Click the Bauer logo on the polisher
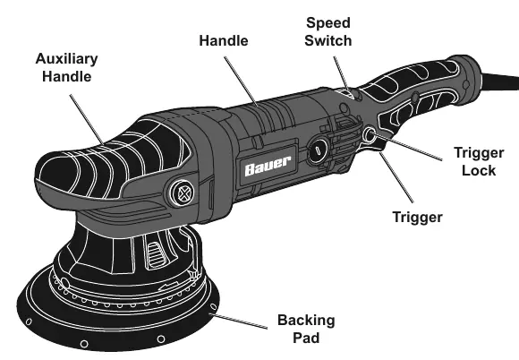268,166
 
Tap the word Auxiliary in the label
66,59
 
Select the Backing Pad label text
306,329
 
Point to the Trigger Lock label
479,161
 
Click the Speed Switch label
328,32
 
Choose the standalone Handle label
224,40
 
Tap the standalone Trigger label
417,218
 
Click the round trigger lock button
370,135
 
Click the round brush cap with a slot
317,150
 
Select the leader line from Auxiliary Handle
87,119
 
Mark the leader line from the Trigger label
396,177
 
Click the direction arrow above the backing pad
170,285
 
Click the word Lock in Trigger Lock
479,170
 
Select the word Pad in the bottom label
306,338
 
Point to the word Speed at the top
328,23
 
